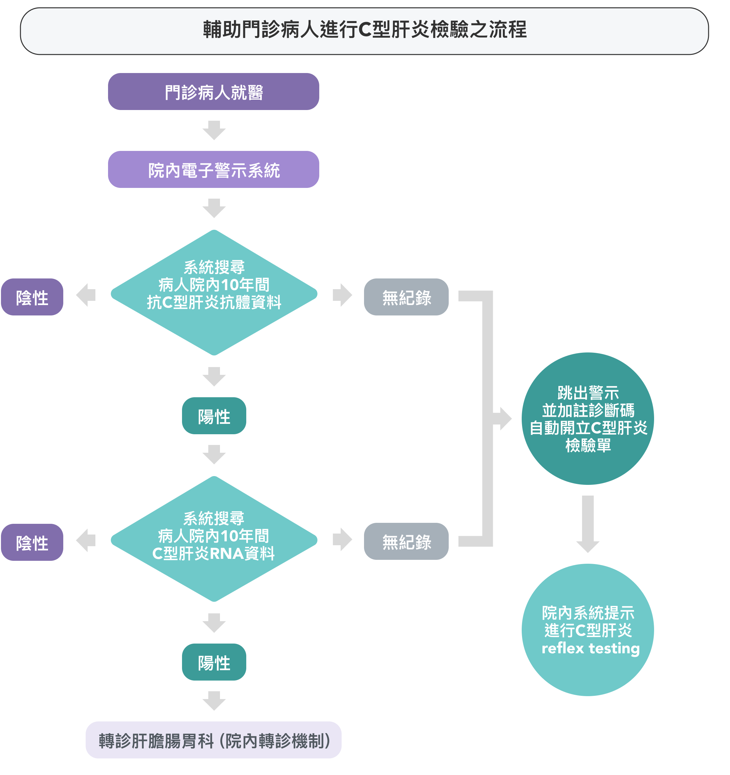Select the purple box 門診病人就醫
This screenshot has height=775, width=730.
(x=213, y=92)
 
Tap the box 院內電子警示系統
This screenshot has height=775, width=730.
(x=213, y=170)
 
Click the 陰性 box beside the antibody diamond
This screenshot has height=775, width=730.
(x=32, y=297)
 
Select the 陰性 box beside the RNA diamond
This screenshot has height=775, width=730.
(x=32, y=542)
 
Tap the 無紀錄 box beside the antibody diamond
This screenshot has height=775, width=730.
(x=406, y=297)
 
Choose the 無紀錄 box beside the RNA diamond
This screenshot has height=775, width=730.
(x=406, y=541)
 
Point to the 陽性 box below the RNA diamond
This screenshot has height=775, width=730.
(x=214, y=662)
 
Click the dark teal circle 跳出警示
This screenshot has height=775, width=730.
(x=588, y=419)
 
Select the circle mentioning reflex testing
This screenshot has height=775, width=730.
(x=588, y=630)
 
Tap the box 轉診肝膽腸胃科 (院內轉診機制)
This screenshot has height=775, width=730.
(x=213, y=740)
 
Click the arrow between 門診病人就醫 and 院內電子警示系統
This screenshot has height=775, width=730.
(x=214, y=130)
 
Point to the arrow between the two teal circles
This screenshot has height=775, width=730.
(x=588, y=523)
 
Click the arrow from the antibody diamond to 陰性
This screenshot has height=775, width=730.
(x=86, y=295)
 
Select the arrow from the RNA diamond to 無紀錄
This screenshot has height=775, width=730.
(x=342, y=539)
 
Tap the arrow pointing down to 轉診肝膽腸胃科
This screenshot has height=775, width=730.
(x=214, y=701)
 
